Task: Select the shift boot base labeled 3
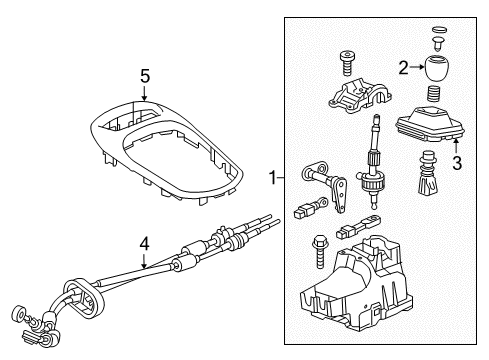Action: (431, 129)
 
